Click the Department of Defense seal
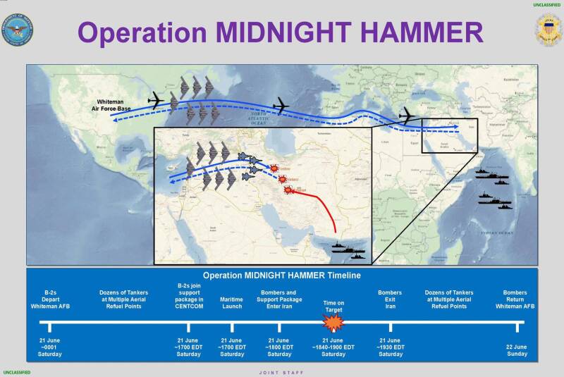coord(18,29)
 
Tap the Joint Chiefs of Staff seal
coord(548,29)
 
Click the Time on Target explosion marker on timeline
coord(332,323)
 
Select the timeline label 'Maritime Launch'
coord(232,300)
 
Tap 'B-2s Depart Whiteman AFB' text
coord(49,299)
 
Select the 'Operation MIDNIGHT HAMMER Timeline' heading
coord(281,276)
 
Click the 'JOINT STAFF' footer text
coord(282,371)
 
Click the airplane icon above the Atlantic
coord(281,105)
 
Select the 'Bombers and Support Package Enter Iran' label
coord(279,299)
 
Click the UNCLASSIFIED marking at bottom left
coord(16,371)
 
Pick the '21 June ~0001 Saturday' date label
coord(49,347)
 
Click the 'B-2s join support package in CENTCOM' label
coord(188,296)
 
